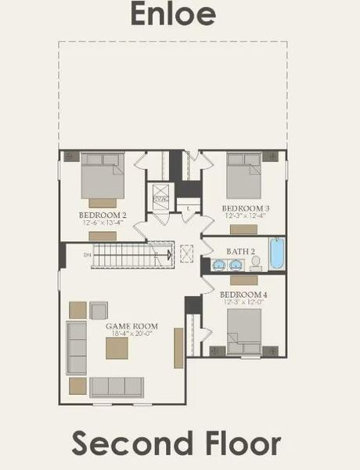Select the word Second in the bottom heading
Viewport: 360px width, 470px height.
pos(126,443)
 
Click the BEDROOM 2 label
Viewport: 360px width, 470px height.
pos(103,215)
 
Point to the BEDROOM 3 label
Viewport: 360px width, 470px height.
pos(246,208)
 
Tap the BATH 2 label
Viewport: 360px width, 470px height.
pos(241,251)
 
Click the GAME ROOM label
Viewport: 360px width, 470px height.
pos(133,326)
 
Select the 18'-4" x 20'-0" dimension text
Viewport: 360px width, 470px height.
pos(133,334)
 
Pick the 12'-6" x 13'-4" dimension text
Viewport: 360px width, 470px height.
pos(103,222)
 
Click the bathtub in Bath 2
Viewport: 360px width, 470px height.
pos(277,253)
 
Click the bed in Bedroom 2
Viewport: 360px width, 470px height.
pos(103,175)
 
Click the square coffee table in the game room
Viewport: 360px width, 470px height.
pos(117,348)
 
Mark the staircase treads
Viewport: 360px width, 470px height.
pos(129,255)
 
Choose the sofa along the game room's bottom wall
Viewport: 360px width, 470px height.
pos(117,387)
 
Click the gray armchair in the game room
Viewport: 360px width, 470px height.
pos(98,310)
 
